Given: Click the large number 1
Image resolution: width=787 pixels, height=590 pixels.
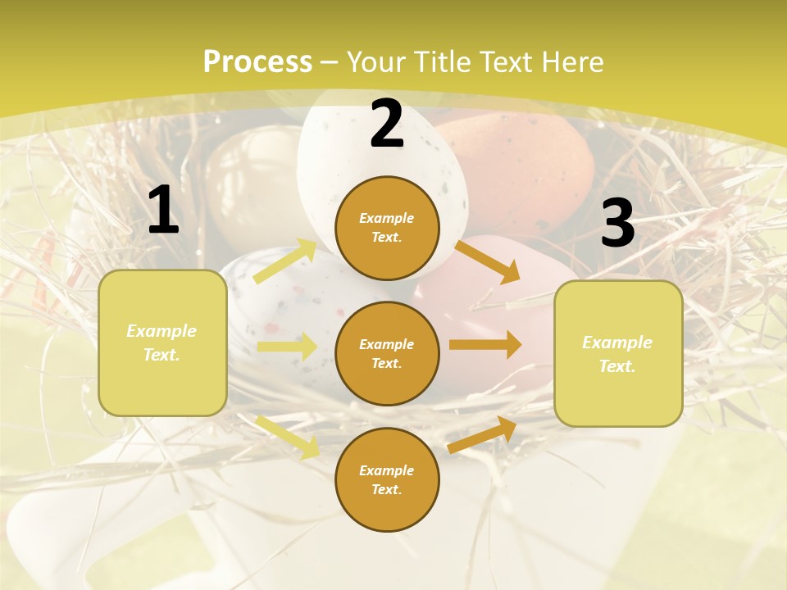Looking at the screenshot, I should tap(163, 211).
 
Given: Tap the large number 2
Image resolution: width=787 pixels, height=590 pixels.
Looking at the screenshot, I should tap(387, 125).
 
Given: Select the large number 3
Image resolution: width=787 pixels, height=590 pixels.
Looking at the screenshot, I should tap(617, 224).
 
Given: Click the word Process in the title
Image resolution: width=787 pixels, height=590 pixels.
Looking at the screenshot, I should tap(257, 61).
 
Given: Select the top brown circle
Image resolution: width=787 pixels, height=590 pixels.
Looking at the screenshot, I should tap(387, 228).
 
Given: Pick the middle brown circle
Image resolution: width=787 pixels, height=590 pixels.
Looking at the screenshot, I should tap(387, 353).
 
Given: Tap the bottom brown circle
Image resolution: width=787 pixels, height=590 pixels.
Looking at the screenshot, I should tap(387, 479).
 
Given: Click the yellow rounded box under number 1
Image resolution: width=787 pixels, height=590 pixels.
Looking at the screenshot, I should tap(162, 343).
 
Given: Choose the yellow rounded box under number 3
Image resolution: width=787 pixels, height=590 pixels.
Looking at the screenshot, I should tap(618, 353).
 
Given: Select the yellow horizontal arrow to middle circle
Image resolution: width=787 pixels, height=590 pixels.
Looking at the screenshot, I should tap(287, 347).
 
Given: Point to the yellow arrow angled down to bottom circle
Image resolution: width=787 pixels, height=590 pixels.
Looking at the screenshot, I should tap(287, 436).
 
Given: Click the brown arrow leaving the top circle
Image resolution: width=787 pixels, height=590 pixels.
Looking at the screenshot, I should tap(487, 261).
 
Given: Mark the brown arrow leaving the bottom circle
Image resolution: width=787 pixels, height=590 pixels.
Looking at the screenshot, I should tap(483, 434).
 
